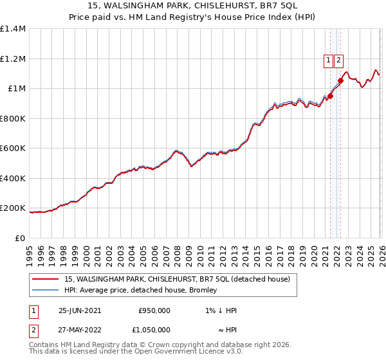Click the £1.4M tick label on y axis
[x=13, y=29]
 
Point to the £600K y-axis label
[x=13, y=148]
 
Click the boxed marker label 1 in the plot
[x=329, y=60]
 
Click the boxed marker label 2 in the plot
[x=339, y=60]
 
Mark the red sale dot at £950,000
[x=330, y=96]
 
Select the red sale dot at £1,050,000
[x=340, y=81]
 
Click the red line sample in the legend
[x=46, y=279]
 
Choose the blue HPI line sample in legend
[x=46, y=291]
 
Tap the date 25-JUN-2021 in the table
[x=79, y=310]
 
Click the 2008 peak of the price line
[x=176, y=150]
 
